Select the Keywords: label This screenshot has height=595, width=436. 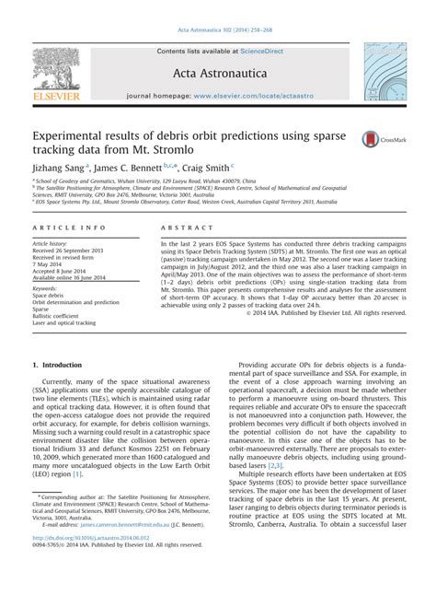pos(46,289)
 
